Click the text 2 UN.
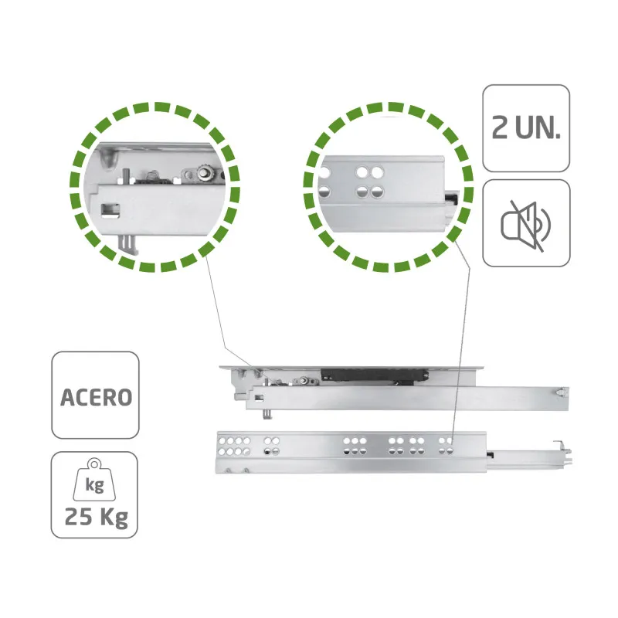(x=526, y=127)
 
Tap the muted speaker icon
(x=526, y=226)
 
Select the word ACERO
(x=96, y=397)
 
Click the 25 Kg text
(x=97, y=517)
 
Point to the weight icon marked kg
(x=94, y=479)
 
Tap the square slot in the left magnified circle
(x=110, y=211)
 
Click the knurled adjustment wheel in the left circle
(x=205, y=172)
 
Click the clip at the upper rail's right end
(x=562, y=392)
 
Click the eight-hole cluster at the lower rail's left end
(x=234, y=447)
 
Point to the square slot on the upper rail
(x=259, y=399)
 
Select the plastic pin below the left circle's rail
(x=128, y=244)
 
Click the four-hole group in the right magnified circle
(x=370, y=182)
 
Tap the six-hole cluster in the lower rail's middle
(x=355, y=446)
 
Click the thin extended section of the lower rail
(x=528, y=460)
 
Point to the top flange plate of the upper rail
(x=351, y=368)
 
